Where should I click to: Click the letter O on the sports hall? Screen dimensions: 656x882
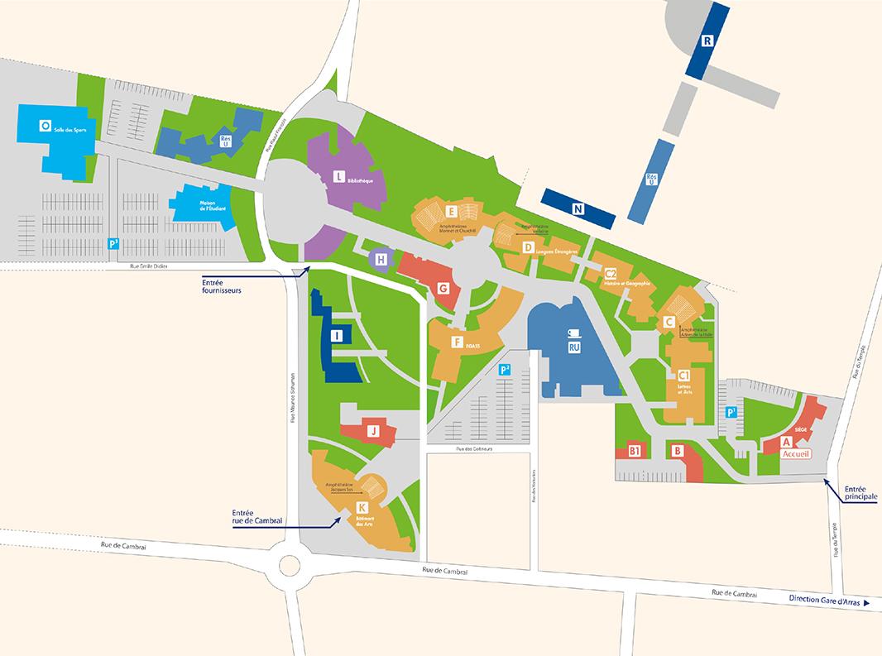click(44, 126)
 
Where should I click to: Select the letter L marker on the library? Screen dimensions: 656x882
click(338, 176)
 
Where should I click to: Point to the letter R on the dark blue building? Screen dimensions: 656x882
click(707, 41)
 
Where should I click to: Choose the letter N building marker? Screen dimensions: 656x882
click(578, 209)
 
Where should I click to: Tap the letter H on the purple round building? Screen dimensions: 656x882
click(381, 260)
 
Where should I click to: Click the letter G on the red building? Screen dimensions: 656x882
click(443, 289)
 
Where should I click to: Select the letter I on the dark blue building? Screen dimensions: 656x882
click(336, 335)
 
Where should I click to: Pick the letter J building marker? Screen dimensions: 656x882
click(373, 431)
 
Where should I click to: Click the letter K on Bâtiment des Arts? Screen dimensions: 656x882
click(362, 507)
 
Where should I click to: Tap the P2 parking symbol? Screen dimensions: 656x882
click(505, 370)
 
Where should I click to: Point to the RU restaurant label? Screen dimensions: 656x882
click(573, 350)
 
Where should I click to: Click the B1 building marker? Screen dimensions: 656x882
click(635, 452)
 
